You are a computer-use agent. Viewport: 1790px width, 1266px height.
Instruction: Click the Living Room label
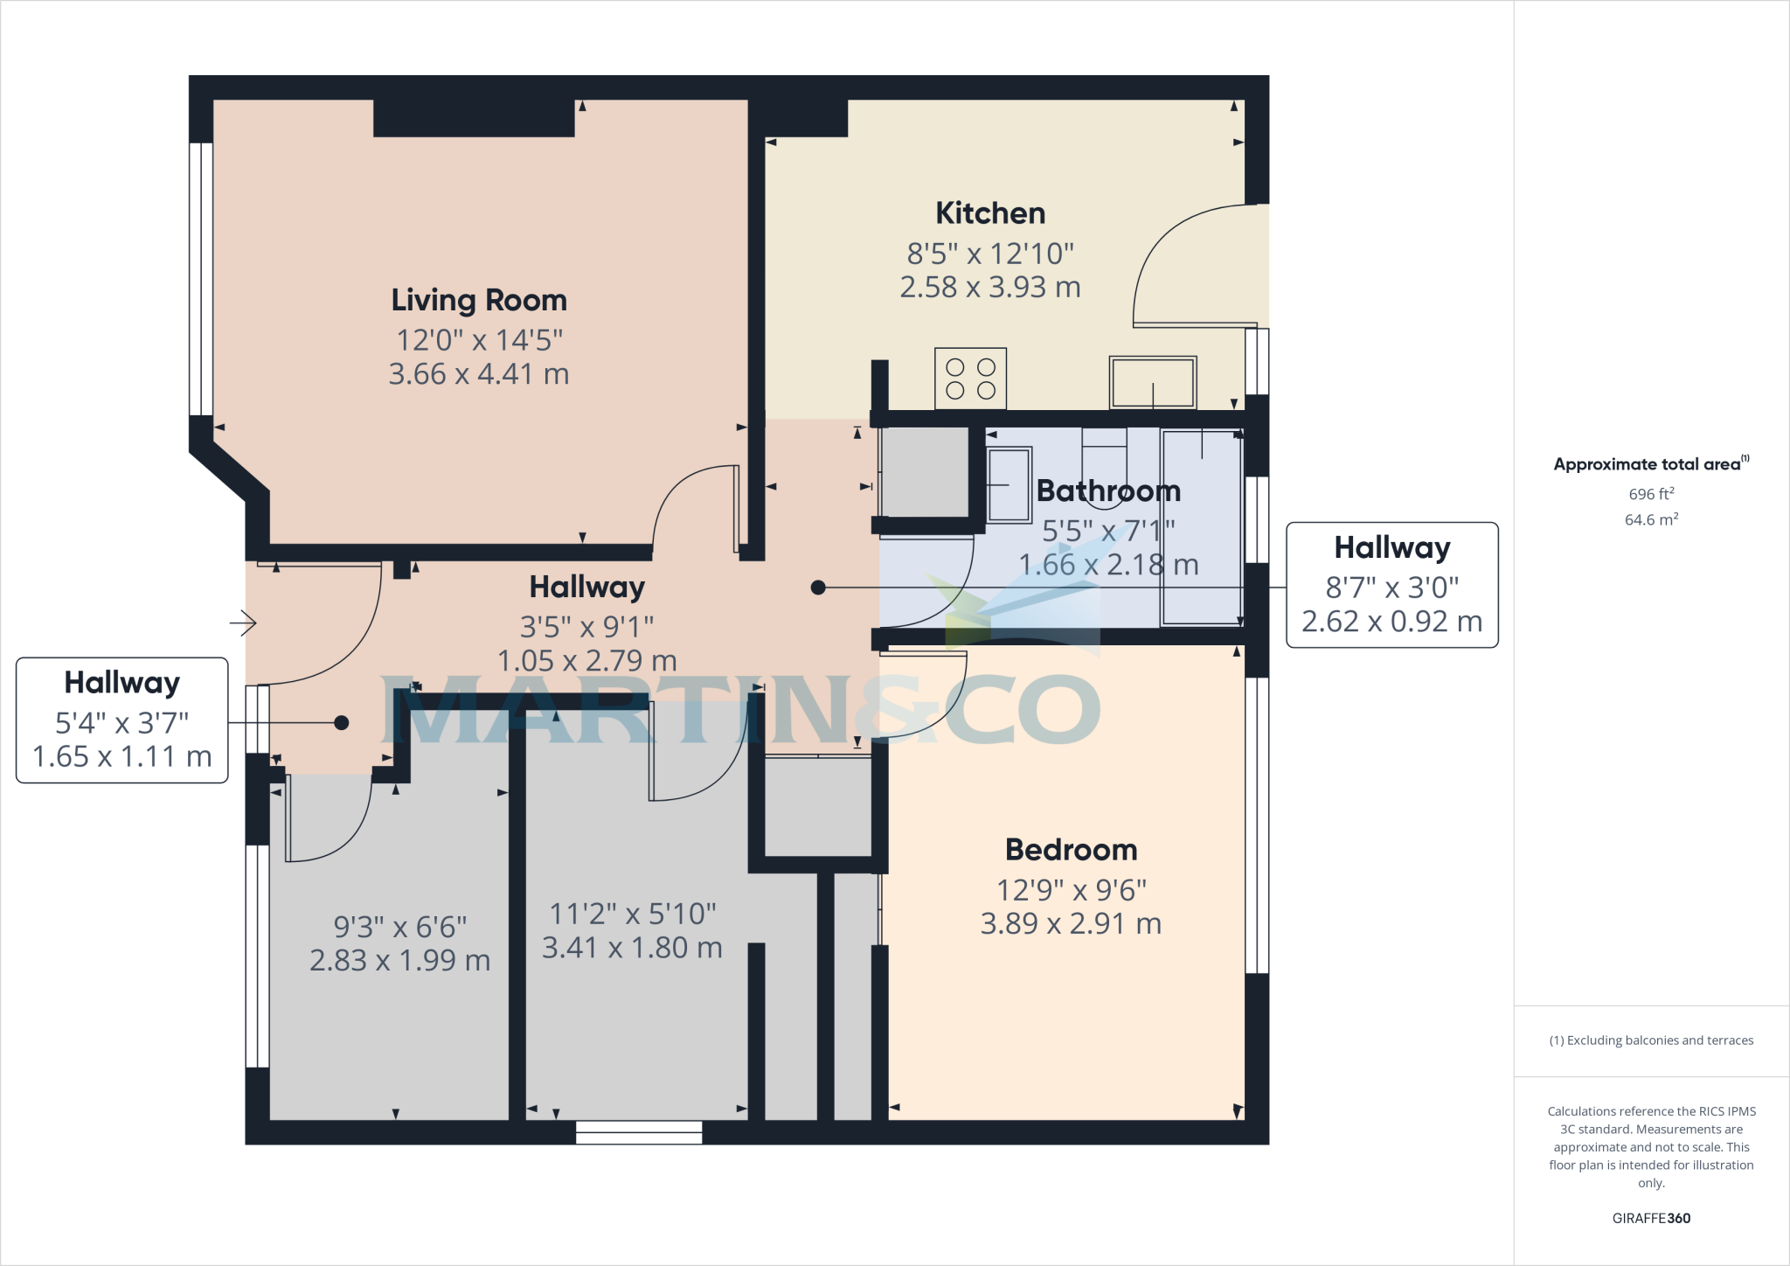coord(479,300)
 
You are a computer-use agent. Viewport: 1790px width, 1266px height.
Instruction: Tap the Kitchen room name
coord(990,213)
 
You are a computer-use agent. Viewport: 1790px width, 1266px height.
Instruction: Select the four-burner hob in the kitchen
coord(970,379)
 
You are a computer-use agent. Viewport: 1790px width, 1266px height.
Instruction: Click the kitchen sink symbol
coord(1152,383)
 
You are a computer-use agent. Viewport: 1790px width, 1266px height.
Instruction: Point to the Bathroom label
coord(1107,490)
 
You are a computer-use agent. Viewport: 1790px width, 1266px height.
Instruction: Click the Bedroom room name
coord(1071,850)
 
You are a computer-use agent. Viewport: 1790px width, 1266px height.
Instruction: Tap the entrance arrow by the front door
coord(243,623)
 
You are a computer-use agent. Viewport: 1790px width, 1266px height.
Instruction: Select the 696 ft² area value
coord(1651,494)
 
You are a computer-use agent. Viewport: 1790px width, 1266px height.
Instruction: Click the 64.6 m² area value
coord(1651,519)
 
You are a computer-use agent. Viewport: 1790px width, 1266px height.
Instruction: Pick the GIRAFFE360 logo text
coord(1651,1218)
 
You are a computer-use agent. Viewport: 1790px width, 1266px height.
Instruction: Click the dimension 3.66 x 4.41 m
coord(479,374)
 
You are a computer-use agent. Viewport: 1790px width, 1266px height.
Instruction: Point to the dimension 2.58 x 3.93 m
coord(990,287)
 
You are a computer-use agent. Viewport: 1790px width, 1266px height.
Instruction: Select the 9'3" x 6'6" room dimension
coord(400,927)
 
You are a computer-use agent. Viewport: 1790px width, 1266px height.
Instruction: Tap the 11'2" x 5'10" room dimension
coord(632,915)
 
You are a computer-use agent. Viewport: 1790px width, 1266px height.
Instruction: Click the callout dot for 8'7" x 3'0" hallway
coord(818,588)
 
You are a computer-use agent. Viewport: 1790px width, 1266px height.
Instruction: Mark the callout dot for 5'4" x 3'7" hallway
coord(342,723)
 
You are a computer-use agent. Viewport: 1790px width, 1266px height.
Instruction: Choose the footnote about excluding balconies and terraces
coord(1651,1040)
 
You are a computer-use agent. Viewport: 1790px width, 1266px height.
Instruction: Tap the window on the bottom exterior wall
coord(639,1132)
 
